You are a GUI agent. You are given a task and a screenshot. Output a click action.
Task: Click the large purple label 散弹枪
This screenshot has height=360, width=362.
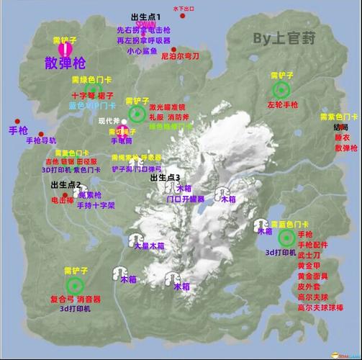click(65, 61)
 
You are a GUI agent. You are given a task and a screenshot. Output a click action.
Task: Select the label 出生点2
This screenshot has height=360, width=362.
click(65, 185)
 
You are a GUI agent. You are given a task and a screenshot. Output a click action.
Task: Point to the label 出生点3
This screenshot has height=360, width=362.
click(165, 177)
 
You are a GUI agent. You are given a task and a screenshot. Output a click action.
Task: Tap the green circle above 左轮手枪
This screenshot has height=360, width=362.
click(281, 89)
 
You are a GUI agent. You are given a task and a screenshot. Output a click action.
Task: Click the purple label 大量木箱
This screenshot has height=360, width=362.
click(149, 246)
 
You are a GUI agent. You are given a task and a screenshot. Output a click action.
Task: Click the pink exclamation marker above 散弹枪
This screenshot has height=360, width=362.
click(66, 48)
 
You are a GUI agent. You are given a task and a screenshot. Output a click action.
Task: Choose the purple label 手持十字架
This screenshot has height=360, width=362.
click(96, 205)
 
